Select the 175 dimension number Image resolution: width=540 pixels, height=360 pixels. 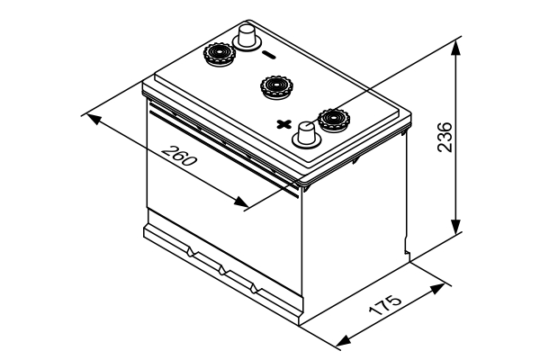coord(384,302)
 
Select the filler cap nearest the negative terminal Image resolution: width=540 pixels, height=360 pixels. coord(218,56)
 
